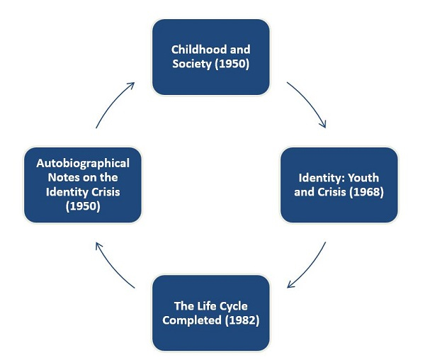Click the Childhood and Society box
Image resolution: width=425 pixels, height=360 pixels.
click(211, 57)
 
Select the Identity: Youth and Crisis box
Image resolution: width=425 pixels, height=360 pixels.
click(339, 185)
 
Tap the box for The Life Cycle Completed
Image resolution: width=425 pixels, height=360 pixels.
click(211, 313)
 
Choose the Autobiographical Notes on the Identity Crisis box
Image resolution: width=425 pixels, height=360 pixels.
click(83, 185)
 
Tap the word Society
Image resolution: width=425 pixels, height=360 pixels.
click(191, 64)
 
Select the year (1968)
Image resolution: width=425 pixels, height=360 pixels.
click(366, 192)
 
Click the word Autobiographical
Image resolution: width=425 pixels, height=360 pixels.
click(83, 163)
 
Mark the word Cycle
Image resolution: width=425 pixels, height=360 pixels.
click(232, 305)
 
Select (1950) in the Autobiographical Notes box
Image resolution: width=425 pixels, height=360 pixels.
click(83, 206)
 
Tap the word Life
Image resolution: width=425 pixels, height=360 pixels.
click(206, 305)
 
